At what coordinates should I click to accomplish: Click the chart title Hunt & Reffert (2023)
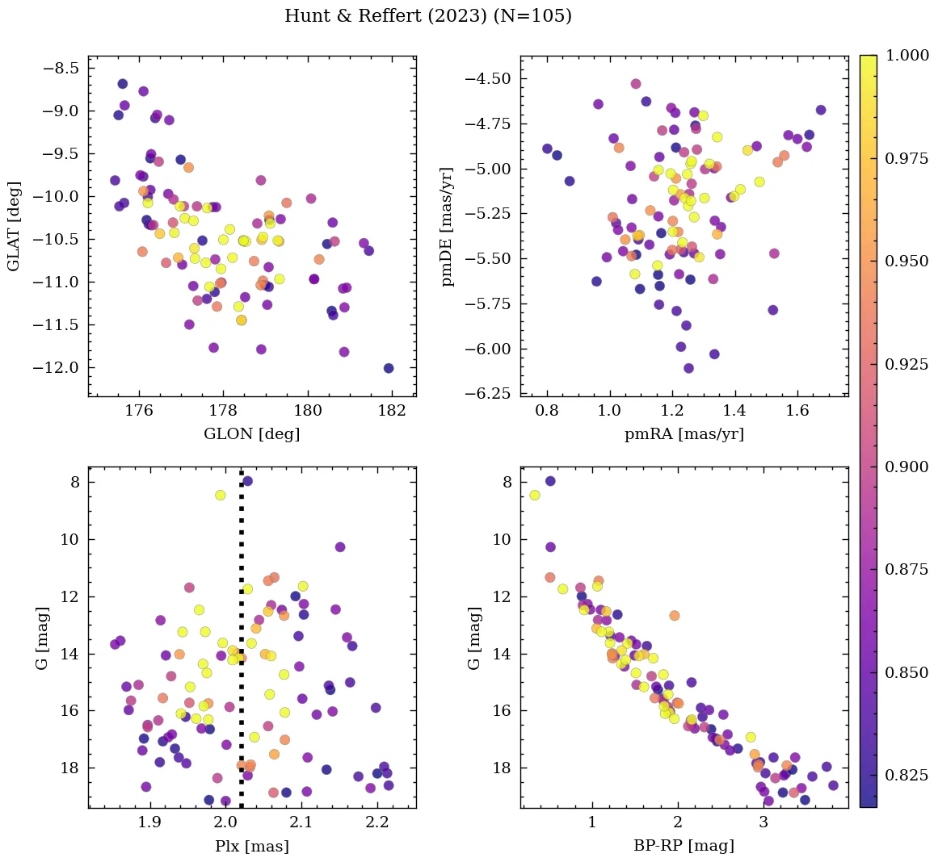coord(427,16)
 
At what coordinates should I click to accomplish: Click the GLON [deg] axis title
coord(251,434)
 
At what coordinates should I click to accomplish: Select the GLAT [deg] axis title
coord(14,226)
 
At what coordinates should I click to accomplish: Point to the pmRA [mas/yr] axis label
coord(684,434)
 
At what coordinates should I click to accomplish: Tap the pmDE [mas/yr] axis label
coord(447,227)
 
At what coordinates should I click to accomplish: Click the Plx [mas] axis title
coord(251,846)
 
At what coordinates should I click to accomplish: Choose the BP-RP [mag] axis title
coord(684,846)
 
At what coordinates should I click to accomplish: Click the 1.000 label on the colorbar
coord(906,56)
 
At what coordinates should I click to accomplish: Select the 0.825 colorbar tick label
coord(906,776)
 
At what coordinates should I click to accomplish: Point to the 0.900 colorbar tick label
coord(906,467)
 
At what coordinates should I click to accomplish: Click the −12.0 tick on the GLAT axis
coord(57,368)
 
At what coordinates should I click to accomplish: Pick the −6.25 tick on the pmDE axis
coord(487,394)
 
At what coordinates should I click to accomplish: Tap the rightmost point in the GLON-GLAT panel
coord(389,368)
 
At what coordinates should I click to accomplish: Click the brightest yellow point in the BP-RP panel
coord(535,495)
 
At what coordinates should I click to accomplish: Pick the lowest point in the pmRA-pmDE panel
coord(688,368)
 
